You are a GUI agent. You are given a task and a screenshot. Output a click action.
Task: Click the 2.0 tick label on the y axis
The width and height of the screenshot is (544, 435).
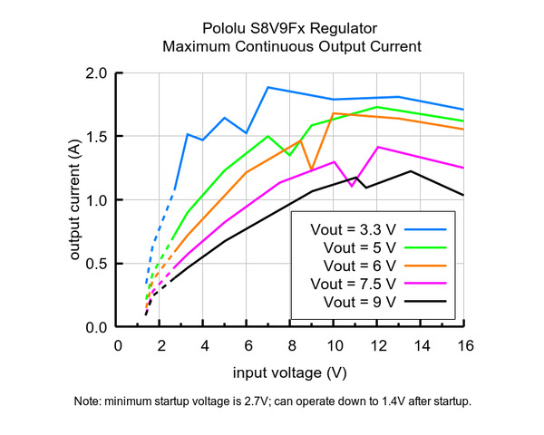pyautogui.click(x=97, y=73)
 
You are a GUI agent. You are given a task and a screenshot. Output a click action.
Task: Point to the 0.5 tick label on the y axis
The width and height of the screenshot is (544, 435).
pyautogui.click(x=97, y=264)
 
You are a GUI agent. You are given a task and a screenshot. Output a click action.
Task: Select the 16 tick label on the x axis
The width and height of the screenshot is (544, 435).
pyautogui.click(x=463, y=345)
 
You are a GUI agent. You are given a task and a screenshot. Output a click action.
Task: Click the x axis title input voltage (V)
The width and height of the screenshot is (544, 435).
pyautogui.click(x=290, y=372)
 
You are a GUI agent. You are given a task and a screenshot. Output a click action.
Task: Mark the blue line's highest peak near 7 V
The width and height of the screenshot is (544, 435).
pyautogui.click(x=268, y=87)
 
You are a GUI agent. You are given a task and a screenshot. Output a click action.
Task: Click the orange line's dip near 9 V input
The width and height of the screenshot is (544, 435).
pyautogui.click(x=311, y=169)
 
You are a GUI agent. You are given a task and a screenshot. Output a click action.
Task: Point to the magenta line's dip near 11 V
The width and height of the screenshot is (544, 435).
pyautogui.click(x=352, y=186)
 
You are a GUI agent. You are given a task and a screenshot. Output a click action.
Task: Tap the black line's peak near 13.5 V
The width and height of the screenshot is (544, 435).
pyautogui.click(x=411, y=171)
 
